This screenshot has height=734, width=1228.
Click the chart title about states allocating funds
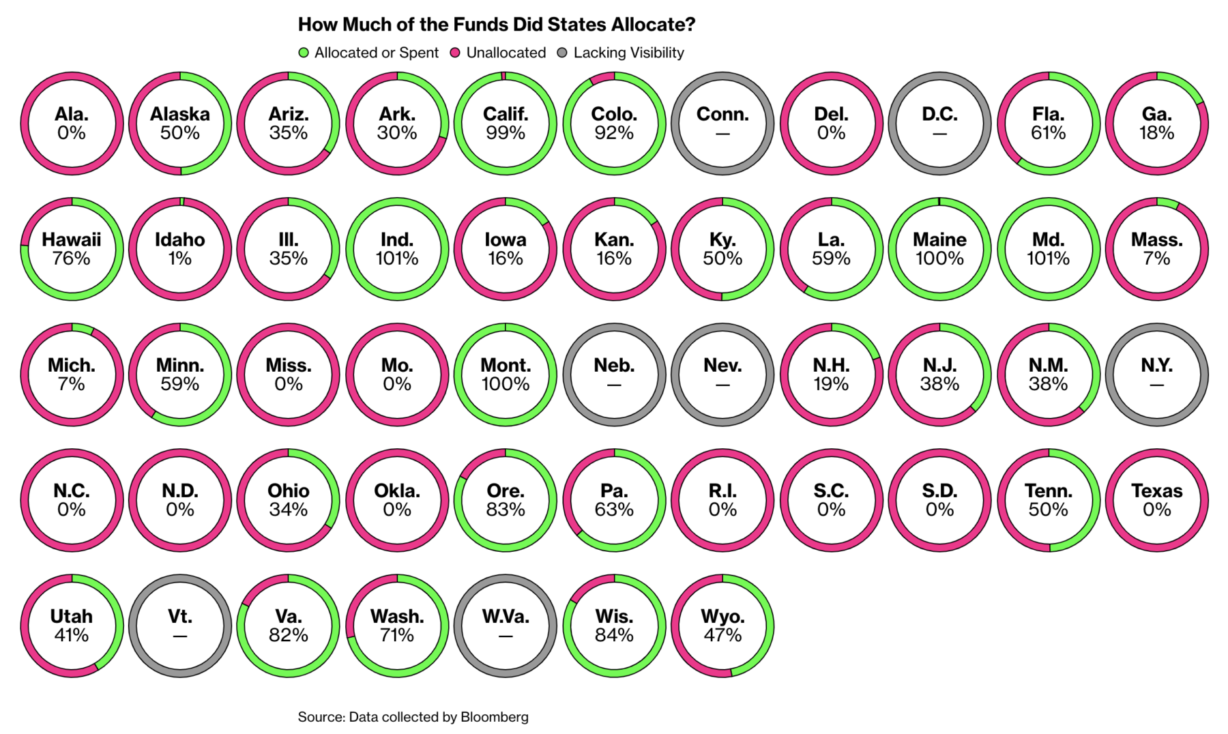coord(497,25)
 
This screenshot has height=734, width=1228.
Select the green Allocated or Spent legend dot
coord(304,53)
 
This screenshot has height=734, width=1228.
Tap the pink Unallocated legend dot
coord(456,53)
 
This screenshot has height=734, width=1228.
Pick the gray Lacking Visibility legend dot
coord(562,53)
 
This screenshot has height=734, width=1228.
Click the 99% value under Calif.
coord(506,133)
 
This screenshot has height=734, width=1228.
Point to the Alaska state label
coord(180,114)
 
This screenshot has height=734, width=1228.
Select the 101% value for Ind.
coord(397,259)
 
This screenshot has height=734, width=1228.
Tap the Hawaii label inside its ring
coord(72,239)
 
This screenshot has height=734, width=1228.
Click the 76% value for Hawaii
coord(72,259)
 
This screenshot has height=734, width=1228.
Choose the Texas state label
coord(1157,490)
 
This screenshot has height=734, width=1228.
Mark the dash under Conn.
coord(722,134)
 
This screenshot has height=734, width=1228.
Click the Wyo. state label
coord(722,616)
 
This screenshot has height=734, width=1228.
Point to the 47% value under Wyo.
coord(722,635)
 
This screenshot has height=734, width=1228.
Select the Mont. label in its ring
coord(506,365)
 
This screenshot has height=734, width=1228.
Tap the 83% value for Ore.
coord(506,510)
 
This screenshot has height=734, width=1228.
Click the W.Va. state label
coord(506,616)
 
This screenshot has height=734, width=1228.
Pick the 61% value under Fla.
coord(1049,133)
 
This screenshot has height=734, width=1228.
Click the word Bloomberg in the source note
coord(495,717)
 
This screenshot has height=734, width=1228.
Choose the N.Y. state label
coord(1157,365)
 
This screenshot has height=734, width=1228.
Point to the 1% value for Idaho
coord(180,259)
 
